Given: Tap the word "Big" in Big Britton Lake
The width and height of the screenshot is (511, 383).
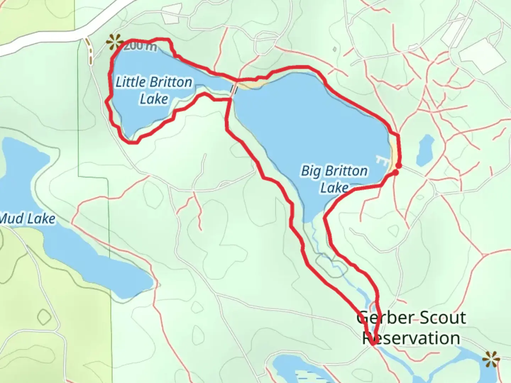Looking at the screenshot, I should point(310,171).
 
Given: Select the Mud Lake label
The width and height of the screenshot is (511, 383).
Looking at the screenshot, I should point(28,219).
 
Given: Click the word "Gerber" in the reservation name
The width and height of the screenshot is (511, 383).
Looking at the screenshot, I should point(383,318).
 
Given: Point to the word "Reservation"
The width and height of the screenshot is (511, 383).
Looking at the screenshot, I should point(411,338).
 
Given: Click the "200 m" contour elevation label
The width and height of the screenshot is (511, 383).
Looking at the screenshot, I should point(141,46).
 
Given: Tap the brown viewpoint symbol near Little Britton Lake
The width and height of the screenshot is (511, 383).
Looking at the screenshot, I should point(114,42).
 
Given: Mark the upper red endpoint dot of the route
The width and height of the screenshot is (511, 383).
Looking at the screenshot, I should point(399,166).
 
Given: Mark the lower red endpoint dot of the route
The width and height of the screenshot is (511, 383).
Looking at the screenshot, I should point(395,172).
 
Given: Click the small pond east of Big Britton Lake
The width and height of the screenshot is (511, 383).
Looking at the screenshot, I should point(425,150).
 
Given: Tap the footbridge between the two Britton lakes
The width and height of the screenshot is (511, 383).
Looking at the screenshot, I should point(234,89).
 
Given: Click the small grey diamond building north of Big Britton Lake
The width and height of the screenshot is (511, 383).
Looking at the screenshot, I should point(334,49).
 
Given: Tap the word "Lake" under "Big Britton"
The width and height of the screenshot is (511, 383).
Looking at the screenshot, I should point(334,188).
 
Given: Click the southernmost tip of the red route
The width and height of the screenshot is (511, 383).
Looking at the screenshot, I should point(373,344).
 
